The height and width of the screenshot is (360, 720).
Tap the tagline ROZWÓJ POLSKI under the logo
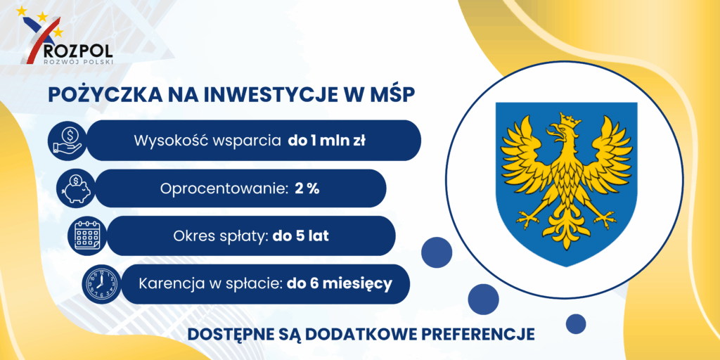click(x=77, y=60)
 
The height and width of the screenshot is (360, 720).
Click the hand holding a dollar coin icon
click(x=67, y=141)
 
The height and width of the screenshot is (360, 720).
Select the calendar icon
click(x=87, y=236)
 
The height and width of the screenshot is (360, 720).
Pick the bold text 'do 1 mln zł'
click(x=326, y=141)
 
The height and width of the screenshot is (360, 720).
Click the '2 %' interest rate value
click(x=307, y=189)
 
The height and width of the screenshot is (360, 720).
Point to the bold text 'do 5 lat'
click(x=301, y=236)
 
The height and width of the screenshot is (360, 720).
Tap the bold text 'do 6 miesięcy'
click(x=340, y=284)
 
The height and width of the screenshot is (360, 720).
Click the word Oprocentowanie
click(x=224, y=189)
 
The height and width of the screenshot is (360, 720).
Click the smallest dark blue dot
click(x=575, y=323)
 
